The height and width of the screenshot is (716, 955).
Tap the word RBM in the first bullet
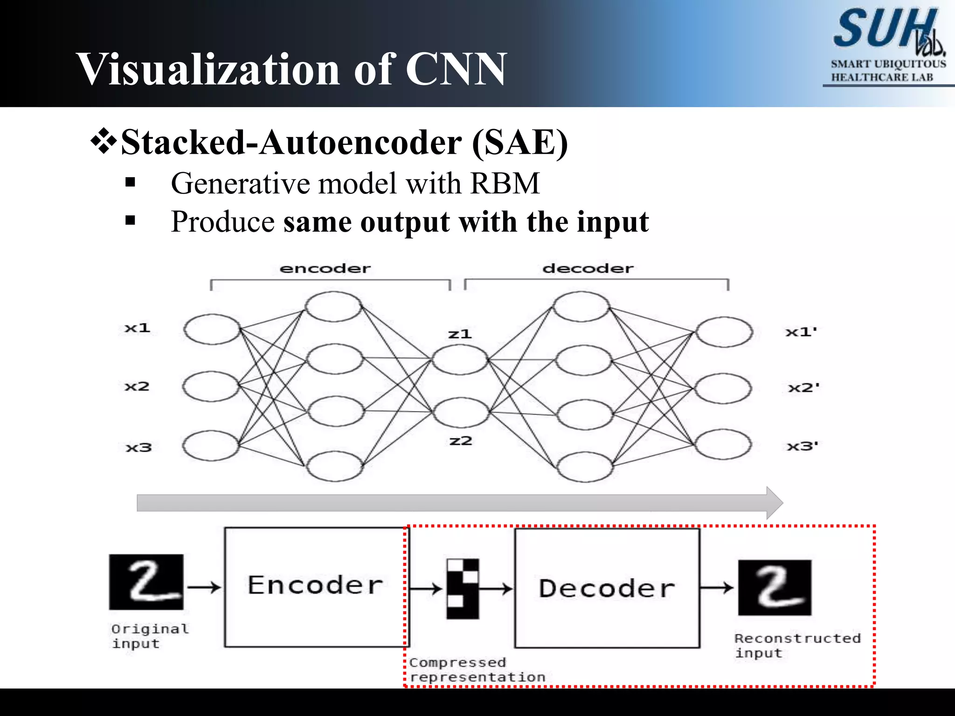point(505,183)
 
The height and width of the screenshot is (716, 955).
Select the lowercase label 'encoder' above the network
point(325,268)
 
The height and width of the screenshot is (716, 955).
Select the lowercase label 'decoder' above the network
point(588,268)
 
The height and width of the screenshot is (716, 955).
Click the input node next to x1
point(212,329)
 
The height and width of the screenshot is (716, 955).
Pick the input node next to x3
point(211,446)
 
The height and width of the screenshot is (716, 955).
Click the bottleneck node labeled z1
point(460,359)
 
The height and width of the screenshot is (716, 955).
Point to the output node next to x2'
point(723,388)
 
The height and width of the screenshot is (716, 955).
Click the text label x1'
point(801,332)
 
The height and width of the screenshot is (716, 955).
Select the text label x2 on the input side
point(137,386)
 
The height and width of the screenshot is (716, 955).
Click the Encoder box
point(316,586)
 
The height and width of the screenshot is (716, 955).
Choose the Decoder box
point(607,587)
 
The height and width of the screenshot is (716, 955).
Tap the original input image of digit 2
point(146,582)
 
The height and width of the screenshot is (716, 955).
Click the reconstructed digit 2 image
point(775,587)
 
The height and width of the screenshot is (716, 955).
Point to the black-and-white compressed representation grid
point(463,589)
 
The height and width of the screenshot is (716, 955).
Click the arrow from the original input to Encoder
point(204,587)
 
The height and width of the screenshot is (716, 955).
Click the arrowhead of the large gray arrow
point(774,503)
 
